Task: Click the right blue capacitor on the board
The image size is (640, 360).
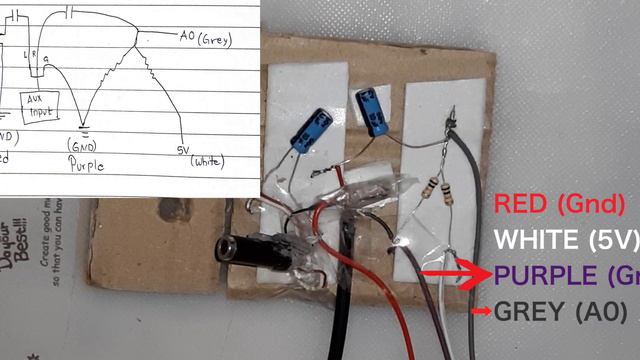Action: (x=374, y=109)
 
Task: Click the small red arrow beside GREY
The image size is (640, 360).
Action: (x=481, y=312)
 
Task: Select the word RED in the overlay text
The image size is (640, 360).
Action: (x=522, y=204)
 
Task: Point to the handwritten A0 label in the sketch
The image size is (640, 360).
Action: (x=187, y=37)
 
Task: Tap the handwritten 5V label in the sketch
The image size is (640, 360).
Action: (x=183, y=149)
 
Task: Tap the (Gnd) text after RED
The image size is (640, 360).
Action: (x=594, y=204)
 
